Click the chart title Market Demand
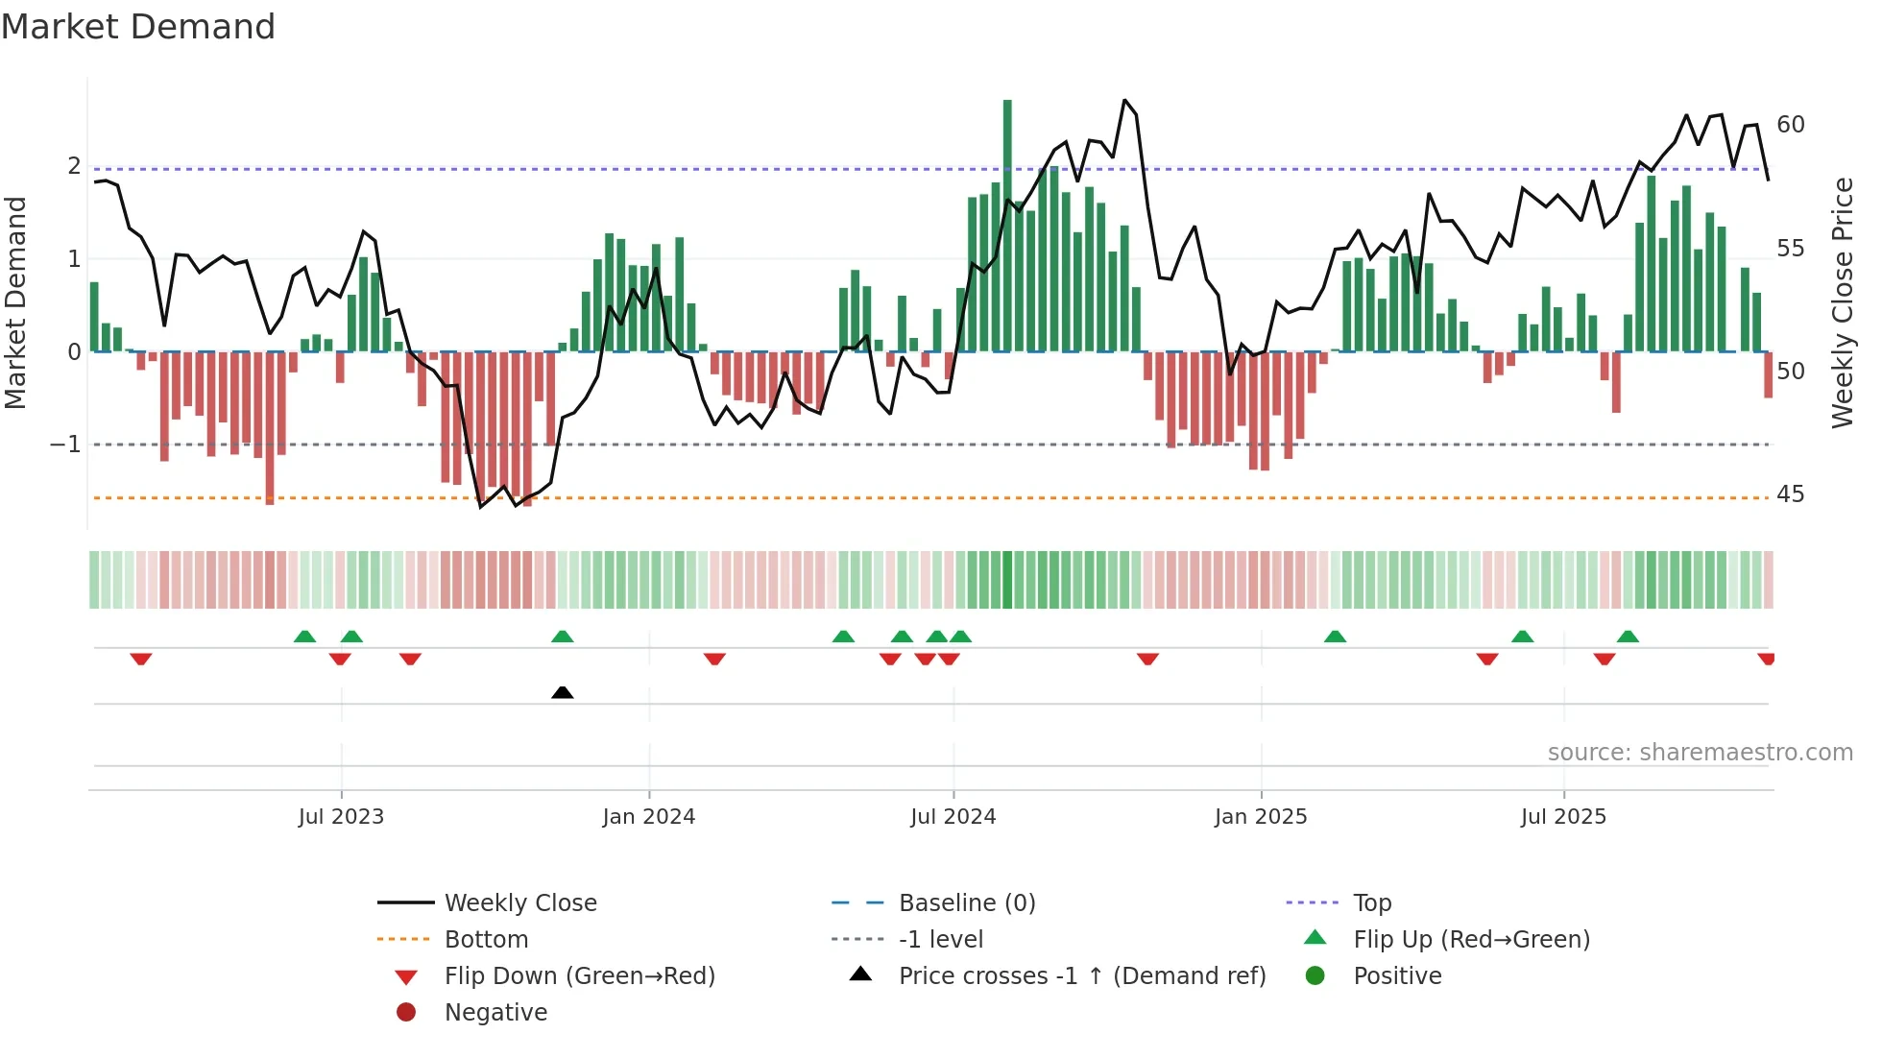(x=138, y=27)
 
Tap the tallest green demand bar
(x=1007, y=226)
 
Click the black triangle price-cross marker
(x=563, y=692)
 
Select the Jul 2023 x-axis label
(x=341, y=817)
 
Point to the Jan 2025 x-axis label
(x=1261, y=817)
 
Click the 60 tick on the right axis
(x=1790, y=125)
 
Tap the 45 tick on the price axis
(x=1790, y=494)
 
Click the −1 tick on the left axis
(x=65, y=445)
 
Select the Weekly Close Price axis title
(x=1842, y=302)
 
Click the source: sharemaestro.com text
(x=1700, y=753)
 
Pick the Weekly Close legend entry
(x=519, y=903)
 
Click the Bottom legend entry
(x=486, y=940)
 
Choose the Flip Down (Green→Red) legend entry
(x=579, y=976)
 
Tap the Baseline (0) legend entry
(x=966, y=903)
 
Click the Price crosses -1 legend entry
(x=1081, y=976)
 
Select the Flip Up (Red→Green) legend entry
(x=1471, y=940)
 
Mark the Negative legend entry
(x=495, y=1013)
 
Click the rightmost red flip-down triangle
(x=1766, y=659)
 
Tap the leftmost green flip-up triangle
(x=304, y=637)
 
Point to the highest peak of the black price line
(x=1125, y=100)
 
